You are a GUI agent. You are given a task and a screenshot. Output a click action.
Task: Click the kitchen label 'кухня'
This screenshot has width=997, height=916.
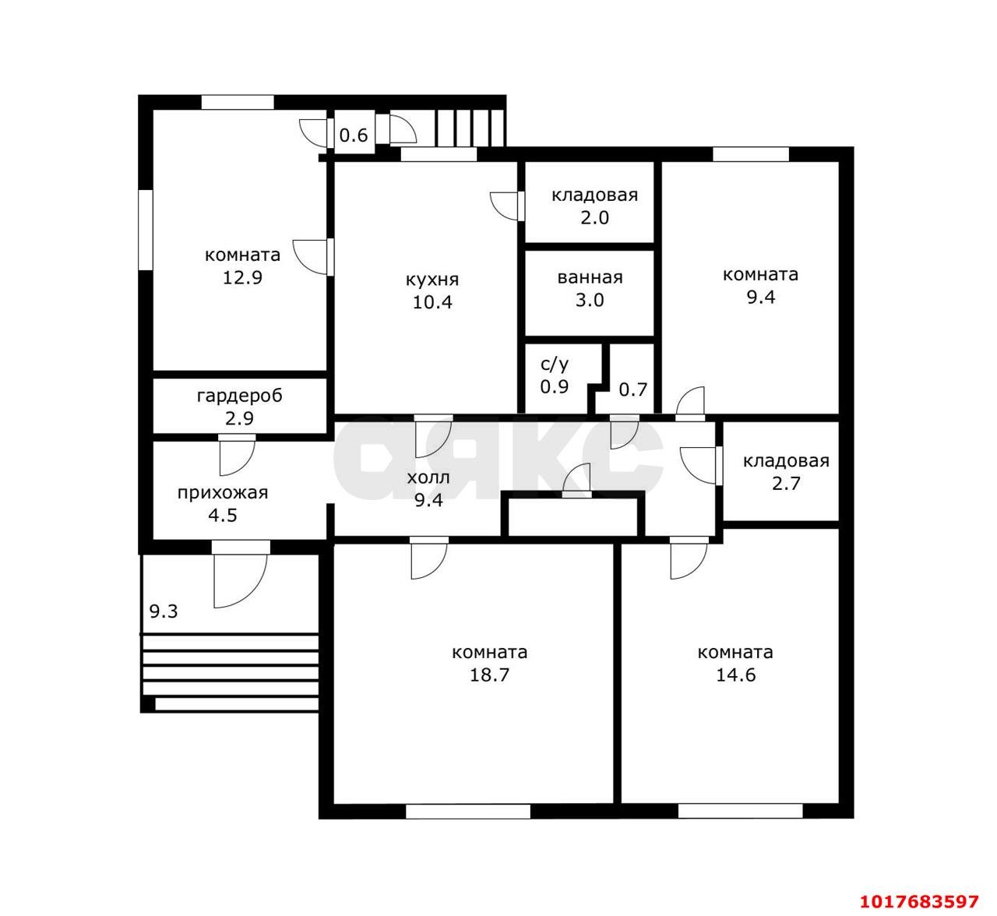click(432, 280)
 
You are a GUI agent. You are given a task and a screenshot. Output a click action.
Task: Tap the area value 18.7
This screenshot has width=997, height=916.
click(489, 675)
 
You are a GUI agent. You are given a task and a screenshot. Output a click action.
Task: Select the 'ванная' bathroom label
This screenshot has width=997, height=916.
click(590, 277)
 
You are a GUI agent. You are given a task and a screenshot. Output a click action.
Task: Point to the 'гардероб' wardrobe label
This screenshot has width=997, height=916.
click(240, 396)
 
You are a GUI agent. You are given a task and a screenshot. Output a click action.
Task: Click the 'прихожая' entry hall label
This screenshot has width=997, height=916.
click(223, 493)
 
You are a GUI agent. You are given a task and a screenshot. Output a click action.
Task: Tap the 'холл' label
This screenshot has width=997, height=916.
click(428, 477)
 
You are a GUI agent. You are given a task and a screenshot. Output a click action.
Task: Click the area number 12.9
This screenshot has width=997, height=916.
click(242, 277)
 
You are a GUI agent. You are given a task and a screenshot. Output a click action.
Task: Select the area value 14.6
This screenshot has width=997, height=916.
click(735, 675)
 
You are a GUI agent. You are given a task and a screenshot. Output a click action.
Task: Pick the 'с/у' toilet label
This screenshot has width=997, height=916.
click(554, 365)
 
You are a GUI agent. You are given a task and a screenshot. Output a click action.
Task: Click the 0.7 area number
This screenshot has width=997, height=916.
click(632, 389)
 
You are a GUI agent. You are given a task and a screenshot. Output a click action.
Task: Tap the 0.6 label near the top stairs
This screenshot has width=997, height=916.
click(354, 135)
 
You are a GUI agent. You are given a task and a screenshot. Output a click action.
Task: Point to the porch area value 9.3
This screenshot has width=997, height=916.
click(164, 611)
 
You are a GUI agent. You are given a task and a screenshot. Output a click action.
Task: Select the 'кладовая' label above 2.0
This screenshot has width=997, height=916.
click(594, 196)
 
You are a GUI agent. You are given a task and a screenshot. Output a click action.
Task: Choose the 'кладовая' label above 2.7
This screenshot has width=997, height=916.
click(786, 461)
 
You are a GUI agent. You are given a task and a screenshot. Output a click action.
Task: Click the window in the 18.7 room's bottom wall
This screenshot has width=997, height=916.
click(467, 811)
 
